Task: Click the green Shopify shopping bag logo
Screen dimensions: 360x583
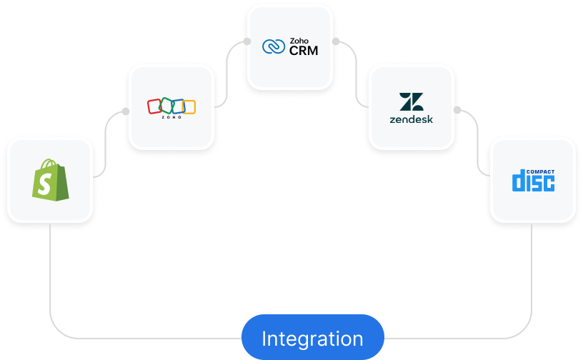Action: pos(49,179)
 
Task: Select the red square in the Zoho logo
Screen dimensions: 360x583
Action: pos(154,106)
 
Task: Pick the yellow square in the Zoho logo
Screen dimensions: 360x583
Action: pos(188,107)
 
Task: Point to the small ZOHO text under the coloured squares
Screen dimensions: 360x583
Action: pos(171,118)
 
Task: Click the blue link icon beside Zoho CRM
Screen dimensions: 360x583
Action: pos(273,46)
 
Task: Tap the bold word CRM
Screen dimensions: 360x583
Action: pos(304,51)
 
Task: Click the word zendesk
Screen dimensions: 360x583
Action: pos(411,119)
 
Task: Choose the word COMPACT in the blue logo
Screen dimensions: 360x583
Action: pos(541,172)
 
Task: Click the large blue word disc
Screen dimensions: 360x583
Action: pos(532,183)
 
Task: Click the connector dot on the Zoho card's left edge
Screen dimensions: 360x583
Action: pos(125,112)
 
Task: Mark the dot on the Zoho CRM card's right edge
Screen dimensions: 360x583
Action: pos(336,41)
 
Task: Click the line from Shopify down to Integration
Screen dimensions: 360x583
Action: pos(50,286)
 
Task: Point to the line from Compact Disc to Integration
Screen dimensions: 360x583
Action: pos(532,286)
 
